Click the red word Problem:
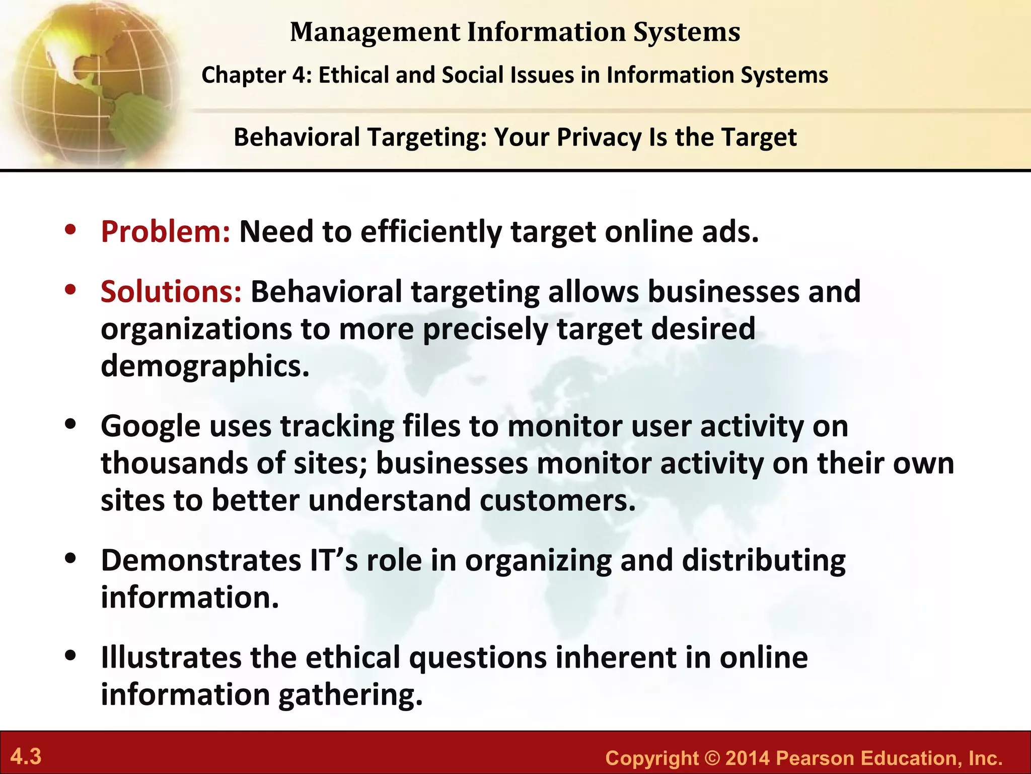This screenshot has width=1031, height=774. point(166,232)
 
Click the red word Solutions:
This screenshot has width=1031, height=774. point(171,292)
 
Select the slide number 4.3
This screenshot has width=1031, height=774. point(26,757)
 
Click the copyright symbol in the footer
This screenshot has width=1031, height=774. point(712,758)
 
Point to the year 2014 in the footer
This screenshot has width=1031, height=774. point(748,758)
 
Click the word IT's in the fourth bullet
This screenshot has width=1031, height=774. point(334,561)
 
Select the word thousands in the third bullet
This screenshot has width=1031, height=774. point(174,464)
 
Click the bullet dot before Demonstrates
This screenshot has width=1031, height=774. point(70,559)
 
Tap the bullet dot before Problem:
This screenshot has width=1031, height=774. point(70,230)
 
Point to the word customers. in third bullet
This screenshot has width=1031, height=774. point(558,501)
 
